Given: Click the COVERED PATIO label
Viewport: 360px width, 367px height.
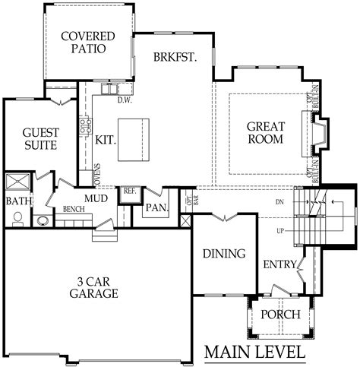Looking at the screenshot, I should coord(89,43).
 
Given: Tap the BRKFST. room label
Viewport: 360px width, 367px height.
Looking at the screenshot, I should coord(175,57).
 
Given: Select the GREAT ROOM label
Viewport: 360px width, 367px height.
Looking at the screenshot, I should coord(266,133).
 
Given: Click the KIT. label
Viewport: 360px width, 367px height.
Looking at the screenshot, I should coord(104,139).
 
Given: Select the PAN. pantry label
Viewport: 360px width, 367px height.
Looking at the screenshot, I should coord(157,207).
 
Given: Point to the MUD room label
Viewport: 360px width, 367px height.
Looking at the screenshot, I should coord(96,199).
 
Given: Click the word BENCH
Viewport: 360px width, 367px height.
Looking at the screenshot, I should coord(73,209).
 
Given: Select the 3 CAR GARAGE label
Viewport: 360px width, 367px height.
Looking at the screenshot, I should coord(93,286).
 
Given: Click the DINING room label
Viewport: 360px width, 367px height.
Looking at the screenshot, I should coord(224,254).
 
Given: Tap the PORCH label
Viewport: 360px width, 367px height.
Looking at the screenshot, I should coord(280,315).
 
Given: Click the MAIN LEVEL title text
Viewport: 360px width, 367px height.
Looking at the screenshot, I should coord(254,353).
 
